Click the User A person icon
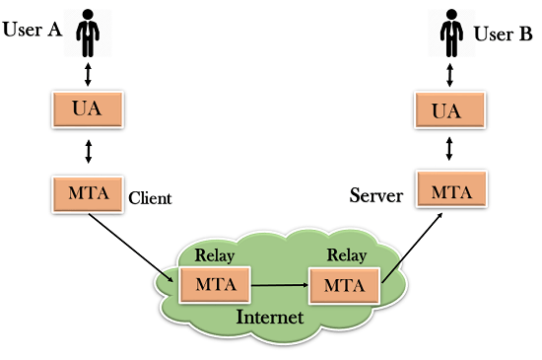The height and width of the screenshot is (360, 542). tap(90, 33)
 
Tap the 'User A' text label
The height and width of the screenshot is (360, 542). tap(32, 30)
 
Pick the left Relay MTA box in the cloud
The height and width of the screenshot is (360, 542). tap(214, 284)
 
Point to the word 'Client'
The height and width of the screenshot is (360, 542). tap(150, 198)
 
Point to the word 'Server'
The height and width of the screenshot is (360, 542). tap(377, 195)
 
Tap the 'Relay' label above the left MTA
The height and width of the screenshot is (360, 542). tap(215, 255)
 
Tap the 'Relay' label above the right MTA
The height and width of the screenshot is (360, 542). tap(345, 255)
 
